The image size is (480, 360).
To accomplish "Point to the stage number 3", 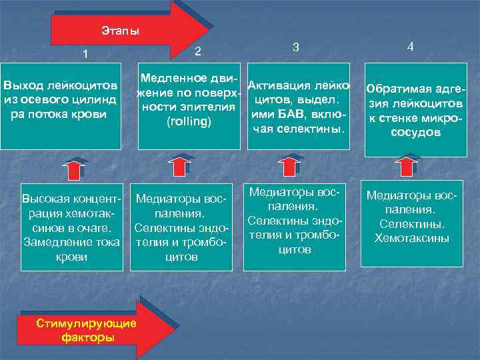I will (x=295, y=48).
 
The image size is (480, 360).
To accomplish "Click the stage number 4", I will (x=411, y=47).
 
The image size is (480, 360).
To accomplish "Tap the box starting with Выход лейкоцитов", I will (x=61, y=106).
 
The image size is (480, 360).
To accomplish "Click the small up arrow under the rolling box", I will (x=179, y=167).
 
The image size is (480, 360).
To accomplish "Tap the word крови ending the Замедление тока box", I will (x=71, y=257).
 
